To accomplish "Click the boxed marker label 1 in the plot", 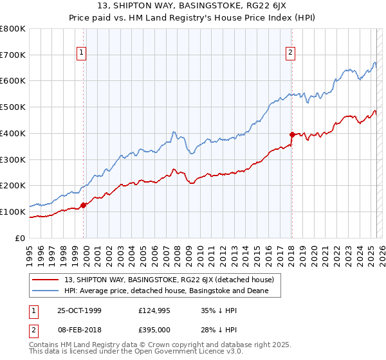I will [x=82, y=54].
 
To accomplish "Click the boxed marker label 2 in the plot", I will [x=291, y=54].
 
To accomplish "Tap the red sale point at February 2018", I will [x=292, y=134].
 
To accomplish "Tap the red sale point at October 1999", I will [x=84, y=205].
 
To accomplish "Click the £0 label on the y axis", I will [x=19, y=238].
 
